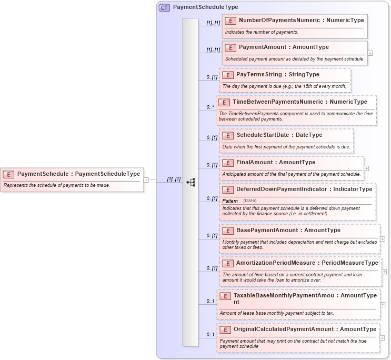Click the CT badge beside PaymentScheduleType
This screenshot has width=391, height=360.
[x=164, y=7]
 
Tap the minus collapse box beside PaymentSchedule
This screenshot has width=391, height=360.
[x=146, y=180]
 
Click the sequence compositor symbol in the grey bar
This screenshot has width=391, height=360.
[x=191, y=182]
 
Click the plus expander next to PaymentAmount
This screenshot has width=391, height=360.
[x=370, y=53]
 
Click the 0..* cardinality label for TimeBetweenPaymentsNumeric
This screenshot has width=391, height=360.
[x=210, y=107]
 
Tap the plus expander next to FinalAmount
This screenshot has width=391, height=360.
[x=367, y=168]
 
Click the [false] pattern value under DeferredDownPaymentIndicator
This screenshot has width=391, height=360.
[x=250, y=201]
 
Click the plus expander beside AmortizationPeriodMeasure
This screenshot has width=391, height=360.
[x=385, y=272]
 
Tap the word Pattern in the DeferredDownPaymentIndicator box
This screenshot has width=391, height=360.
[x=230, y=201]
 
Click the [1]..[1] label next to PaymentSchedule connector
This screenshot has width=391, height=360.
[x=174, y=179]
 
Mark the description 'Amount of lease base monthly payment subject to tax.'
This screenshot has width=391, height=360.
[x=277, y=313]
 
